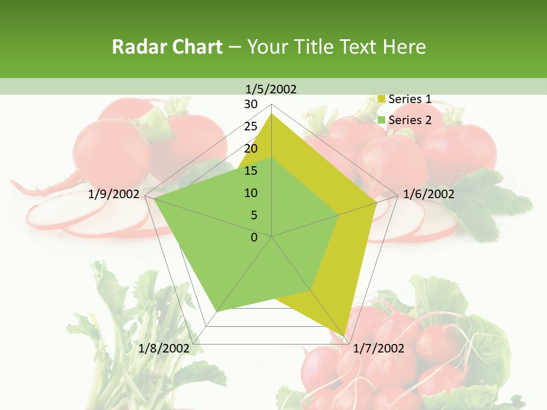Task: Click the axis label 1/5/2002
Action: tap(271, 89)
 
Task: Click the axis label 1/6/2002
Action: tap(428, 194)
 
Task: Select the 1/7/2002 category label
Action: tap(378, 348)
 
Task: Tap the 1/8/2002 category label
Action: tap(164, 348)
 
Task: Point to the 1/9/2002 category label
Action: tap(114, 194)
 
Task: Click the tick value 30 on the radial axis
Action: tap(251, 104)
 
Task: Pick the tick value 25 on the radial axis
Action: tap(251, 126)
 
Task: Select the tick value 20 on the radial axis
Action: tap(251, 149)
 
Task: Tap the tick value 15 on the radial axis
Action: tap(251, 171)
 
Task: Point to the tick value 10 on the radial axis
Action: tap(251, 193)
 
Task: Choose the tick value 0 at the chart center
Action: tap(254, 237)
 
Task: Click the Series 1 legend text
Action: tap(410, 99)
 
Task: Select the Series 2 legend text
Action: tap(410, 120)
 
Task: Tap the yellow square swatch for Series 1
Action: tap(382, 100)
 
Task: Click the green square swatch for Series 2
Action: tap(382, 120)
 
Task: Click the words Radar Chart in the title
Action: tap(167, 47)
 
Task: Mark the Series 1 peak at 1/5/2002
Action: tap(272, 114)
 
